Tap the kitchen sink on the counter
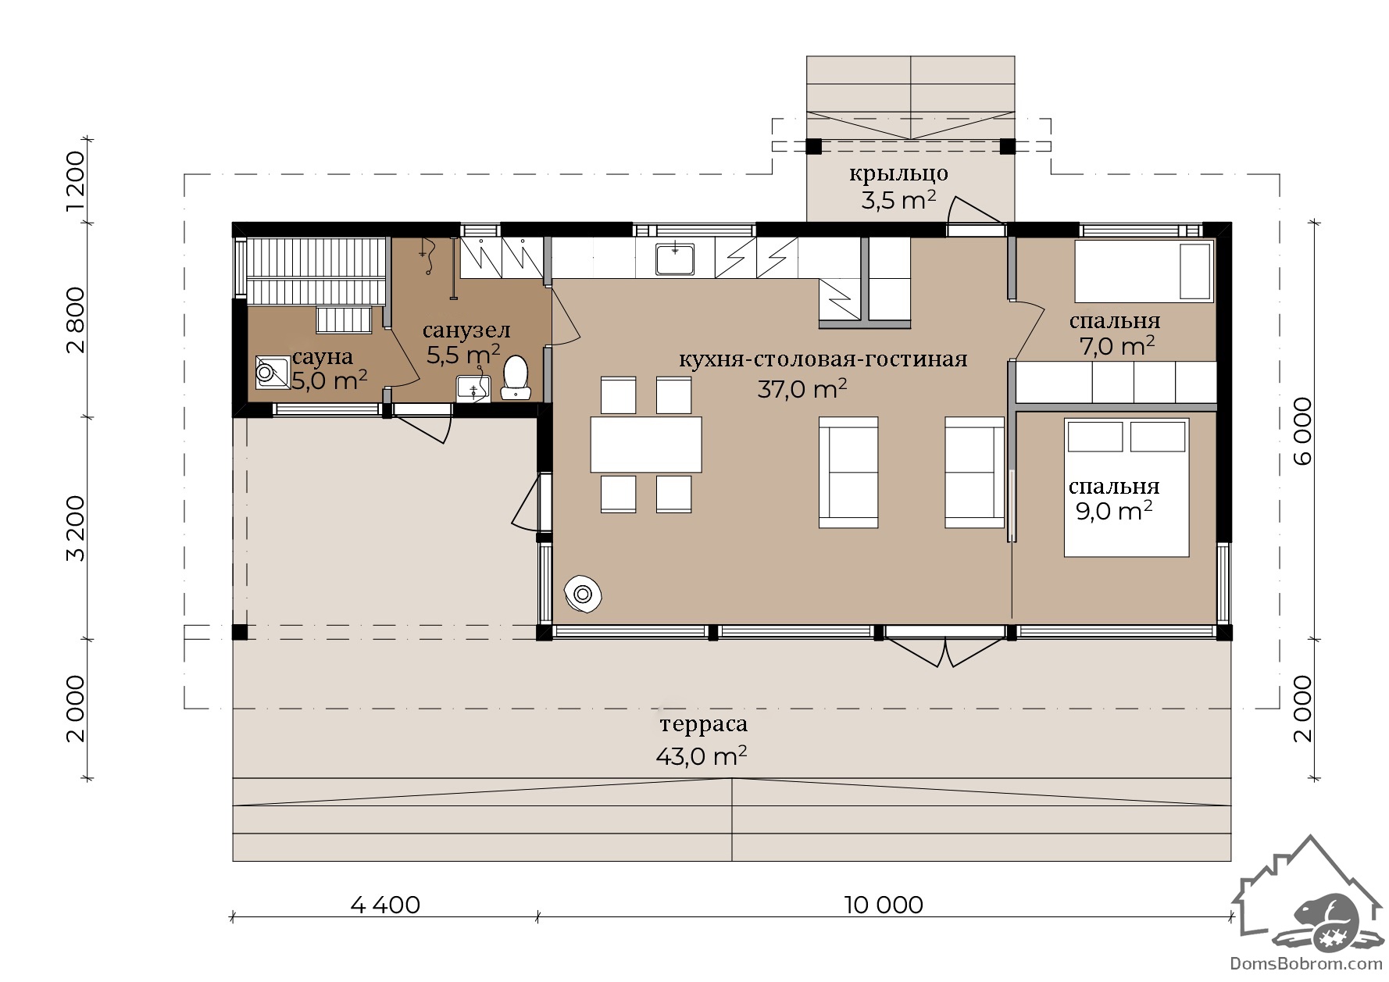675,259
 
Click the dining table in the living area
645,445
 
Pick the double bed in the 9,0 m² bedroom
1127,487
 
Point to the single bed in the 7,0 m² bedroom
1144,271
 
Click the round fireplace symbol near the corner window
583,594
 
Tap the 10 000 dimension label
884,905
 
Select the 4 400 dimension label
385,905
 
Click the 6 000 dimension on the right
1302,431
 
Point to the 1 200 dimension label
75,180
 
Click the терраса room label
703,724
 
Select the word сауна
322,357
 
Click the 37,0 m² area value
802,388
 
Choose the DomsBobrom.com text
1306,964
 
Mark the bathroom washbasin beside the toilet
473,387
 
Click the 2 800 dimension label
75,320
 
